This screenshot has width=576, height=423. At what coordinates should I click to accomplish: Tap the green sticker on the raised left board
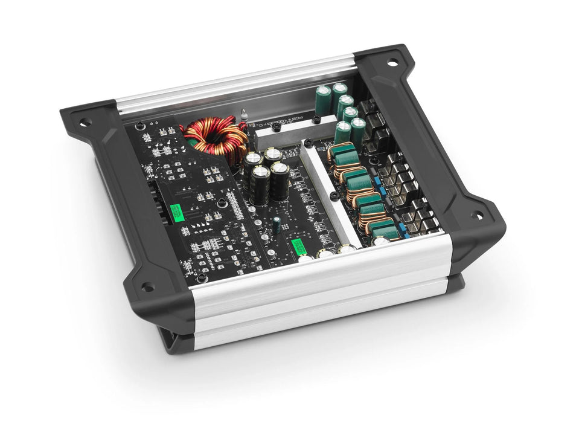click(177, 212)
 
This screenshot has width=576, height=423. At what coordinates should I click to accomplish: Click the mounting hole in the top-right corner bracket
click(392, 62)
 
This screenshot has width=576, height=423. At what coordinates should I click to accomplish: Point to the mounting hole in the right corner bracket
click(477, 215)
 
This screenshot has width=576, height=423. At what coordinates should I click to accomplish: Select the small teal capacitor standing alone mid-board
click(277, 225)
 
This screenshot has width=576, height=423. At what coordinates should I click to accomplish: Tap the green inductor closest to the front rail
click(385, 229)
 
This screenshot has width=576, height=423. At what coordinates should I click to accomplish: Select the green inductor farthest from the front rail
click(342, 151)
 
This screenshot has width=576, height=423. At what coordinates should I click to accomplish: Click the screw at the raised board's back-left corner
click(139, 126)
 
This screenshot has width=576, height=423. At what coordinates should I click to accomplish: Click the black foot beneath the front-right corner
click(456, 283)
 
